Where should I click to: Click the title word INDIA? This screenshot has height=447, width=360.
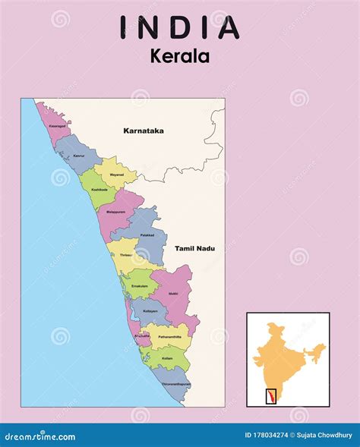(180, 27)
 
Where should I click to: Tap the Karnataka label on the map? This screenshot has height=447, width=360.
(144, 131)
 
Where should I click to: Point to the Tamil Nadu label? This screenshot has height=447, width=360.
(195, 248)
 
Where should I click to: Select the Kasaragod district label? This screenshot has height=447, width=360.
(57, 126)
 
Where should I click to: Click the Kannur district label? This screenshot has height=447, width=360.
(79, 156)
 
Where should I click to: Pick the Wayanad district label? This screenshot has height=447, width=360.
(116, 174)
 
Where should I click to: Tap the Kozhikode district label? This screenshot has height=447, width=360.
(99, 189)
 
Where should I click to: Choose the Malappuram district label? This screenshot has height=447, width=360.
(116, 211)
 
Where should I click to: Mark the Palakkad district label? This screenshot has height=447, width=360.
(147, 235)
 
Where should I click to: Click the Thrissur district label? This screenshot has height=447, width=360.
(125, 256)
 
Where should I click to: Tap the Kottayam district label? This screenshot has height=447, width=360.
(150, 311)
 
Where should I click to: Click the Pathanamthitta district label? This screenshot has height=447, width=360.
(170, 335)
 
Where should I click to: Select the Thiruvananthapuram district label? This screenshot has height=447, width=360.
(176, 384)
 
